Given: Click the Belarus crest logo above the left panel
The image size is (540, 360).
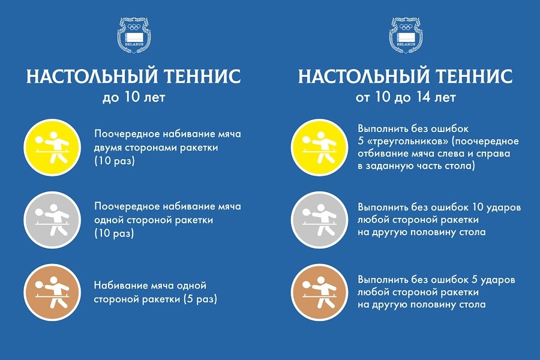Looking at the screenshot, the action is [134, 35].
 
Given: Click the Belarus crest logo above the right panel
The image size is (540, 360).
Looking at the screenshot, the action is [406, 35].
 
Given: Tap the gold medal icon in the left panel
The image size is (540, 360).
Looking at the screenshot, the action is [52, 148].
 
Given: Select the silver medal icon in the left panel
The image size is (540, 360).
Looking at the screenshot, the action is [52, 220].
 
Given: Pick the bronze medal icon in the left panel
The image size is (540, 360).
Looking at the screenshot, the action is [52, 292].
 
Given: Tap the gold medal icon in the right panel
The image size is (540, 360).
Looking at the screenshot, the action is [319, 148].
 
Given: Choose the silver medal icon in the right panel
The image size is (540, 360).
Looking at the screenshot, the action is [319, 220].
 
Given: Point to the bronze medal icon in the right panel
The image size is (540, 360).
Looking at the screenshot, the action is [319, 292].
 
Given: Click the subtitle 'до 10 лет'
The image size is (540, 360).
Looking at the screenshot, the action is [134, 97].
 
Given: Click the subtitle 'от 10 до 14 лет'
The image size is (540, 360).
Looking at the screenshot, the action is [406, 97].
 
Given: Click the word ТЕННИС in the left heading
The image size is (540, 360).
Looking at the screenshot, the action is [202, 76].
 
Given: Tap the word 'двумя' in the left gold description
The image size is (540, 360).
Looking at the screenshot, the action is [108, 148].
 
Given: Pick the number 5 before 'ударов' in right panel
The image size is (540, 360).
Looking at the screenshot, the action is [474, 280].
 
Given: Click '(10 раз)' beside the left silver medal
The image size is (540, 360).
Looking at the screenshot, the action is [115, 233].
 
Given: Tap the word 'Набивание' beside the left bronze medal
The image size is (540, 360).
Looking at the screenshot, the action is [121, 285].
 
